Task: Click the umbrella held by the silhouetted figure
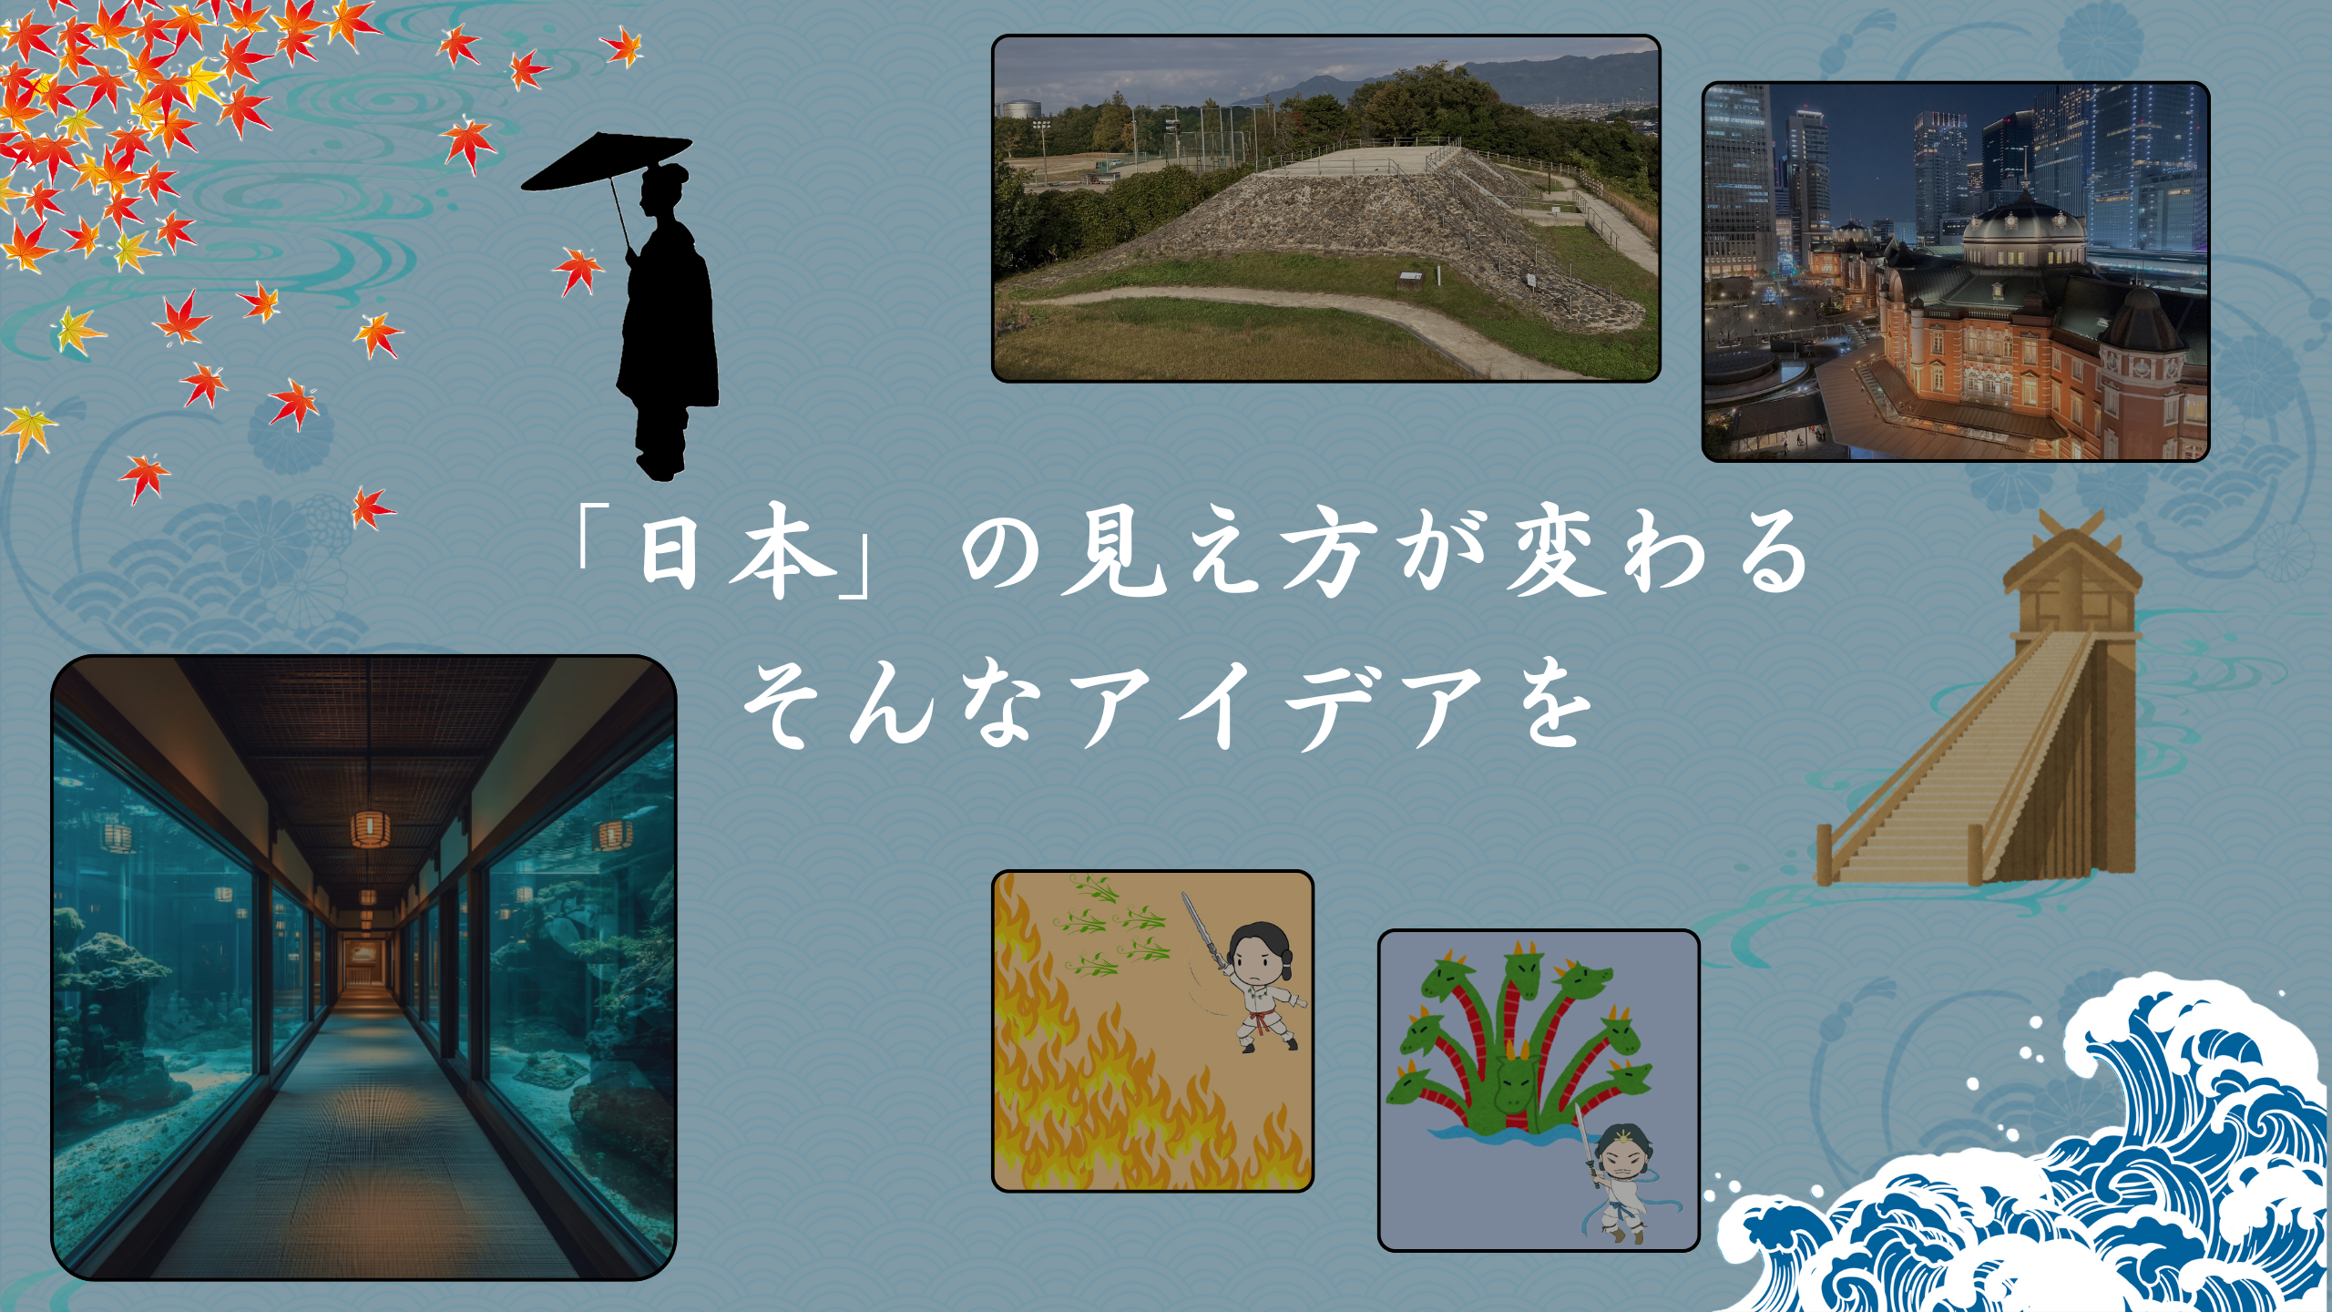pos(606,162)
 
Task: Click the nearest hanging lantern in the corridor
pos(370,829)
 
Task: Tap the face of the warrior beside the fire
pos(1257,957)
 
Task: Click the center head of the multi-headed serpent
pos(1517,1080)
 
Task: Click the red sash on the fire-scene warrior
pos(1262,1020)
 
